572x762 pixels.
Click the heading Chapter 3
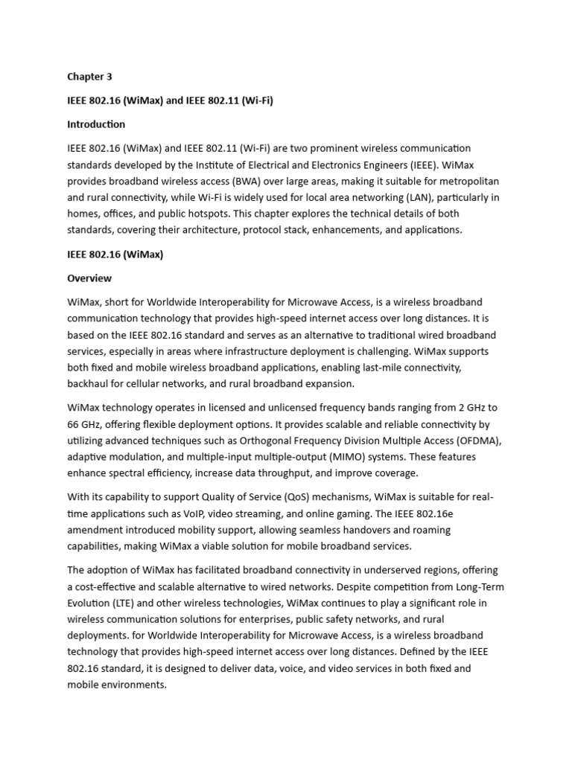click(x=89, y=76)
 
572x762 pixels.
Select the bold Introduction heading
click(x=96, y=124)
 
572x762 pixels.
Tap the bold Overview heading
click(x=89, y=278)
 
